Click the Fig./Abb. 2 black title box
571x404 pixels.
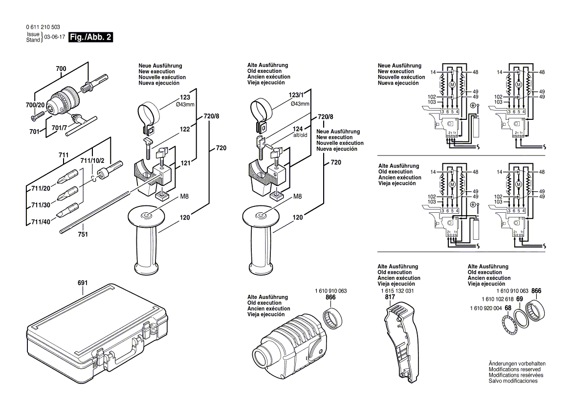tap(91, 38)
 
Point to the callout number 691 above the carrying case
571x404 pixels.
tap(82, 283)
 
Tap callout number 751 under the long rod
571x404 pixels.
tap(83, 235)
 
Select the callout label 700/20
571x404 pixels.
tap(35, 105)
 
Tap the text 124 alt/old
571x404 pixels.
tap(300, 132)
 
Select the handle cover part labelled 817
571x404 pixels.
tap(401, 342)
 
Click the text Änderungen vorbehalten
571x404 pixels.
tap(517, 363)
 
